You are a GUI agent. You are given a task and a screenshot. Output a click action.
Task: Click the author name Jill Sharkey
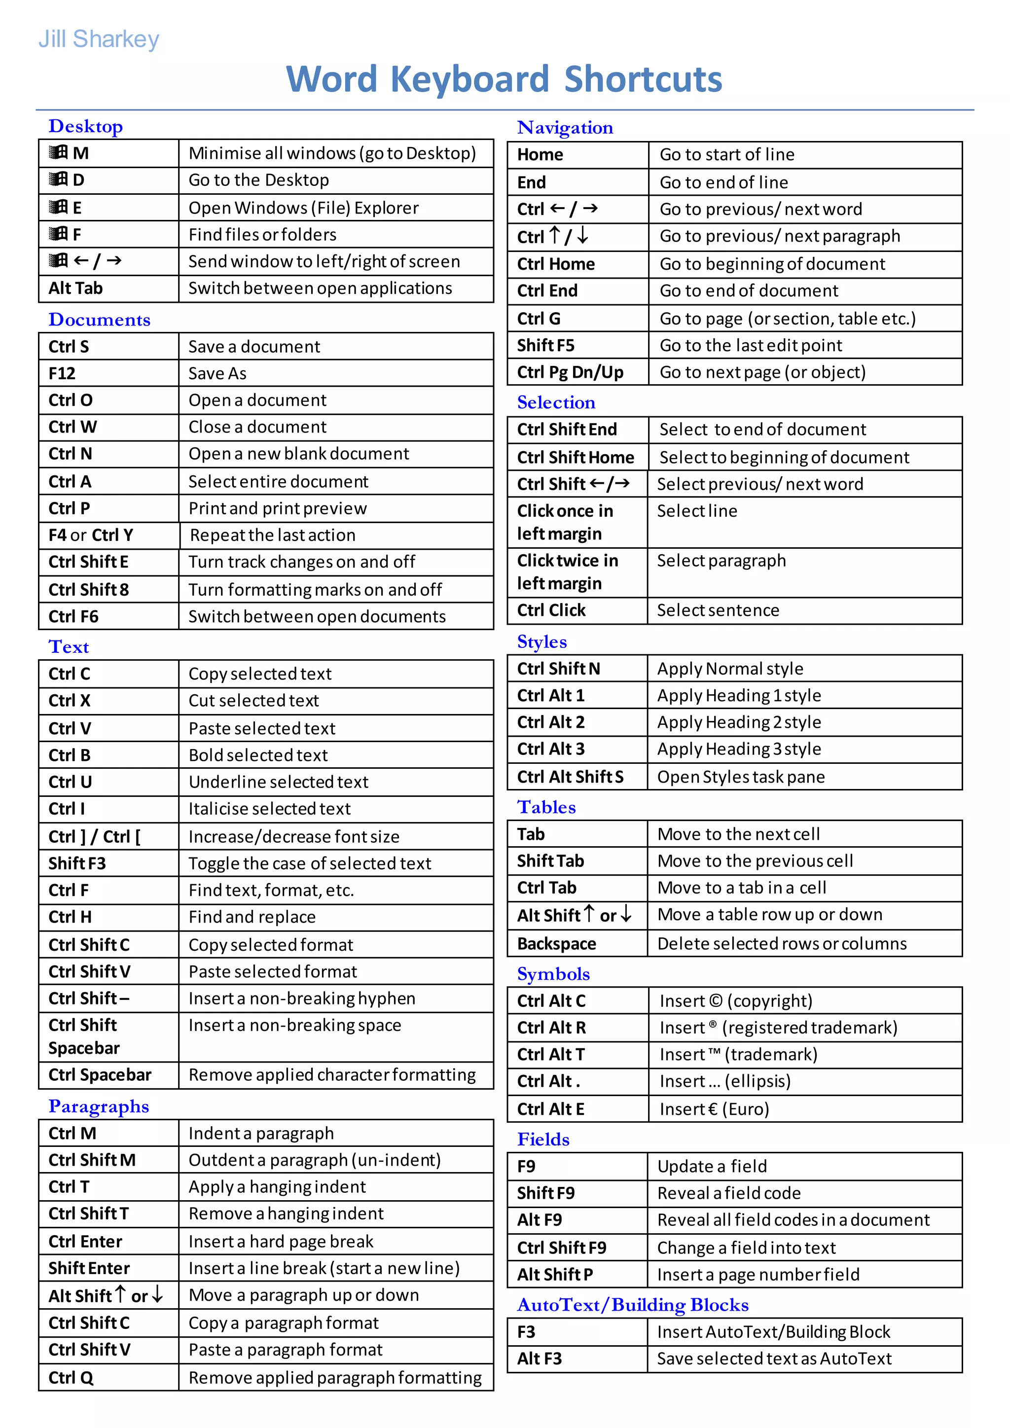click(x=99, y=39)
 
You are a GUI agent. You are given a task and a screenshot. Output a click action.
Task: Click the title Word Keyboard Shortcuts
click(x=504, y=79)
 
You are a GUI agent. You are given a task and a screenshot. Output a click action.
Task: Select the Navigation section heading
click(x=565, y=128)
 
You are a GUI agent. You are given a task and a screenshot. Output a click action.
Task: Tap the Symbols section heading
click(x=553, y=974)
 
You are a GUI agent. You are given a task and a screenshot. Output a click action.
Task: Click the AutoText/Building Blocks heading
click(x=633, y=1305)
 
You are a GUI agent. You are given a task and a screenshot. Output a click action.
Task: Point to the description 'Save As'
click(x=217, y=373)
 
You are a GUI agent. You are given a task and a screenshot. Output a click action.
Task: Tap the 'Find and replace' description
click(x=252, y=917)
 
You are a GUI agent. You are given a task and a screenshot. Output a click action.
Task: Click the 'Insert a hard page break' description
click(x=281, y=1242)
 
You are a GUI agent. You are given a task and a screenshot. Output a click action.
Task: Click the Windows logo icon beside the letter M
click(x=59, y=152)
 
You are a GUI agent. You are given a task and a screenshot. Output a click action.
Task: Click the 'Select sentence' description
click(x=718, y=610)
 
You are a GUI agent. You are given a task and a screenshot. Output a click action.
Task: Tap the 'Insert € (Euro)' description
click(x=714, y=1109)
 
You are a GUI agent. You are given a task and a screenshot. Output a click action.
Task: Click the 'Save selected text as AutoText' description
click(x=774, y=1359)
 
